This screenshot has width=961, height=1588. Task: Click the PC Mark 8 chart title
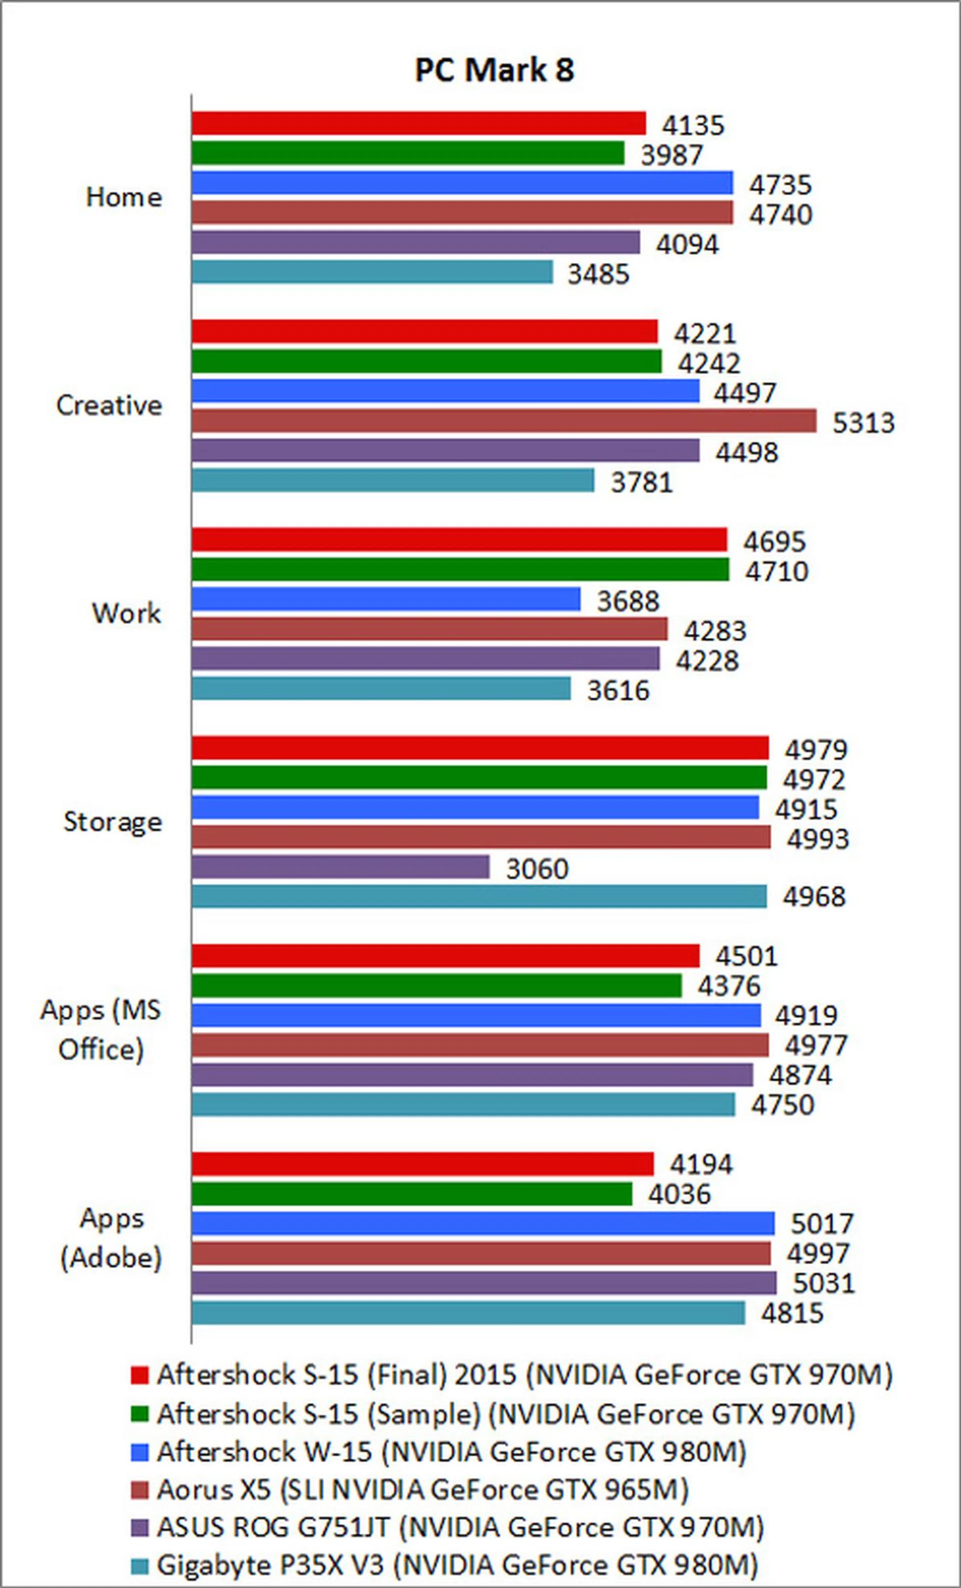(x=494, y=70)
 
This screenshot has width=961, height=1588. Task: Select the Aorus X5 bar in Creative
(x=504, y=421)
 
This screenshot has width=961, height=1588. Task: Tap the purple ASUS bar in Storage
(x=340, y=867)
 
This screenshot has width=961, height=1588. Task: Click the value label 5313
(x=863, y=423)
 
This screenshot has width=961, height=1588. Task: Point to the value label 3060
(x=537, y=869)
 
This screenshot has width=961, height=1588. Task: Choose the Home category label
(x=124, y=197)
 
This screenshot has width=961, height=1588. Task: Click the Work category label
(x=126, y=613)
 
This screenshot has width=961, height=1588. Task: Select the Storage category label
(x=113, y=822)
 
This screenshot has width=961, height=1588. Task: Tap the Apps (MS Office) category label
(x=101, y=1029)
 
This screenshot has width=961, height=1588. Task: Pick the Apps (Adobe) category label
(x=111, y=1237)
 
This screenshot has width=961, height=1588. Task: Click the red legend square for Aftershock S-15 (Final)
(x=139, y=1375)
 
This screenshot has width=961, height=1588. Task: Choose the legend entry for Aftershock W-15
(x=451, y=1451)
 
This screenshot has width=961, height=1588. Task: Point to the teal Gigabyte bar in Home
(x=372, y=272)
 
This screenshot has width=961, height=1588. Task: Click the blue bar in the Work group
(x=386, y=599)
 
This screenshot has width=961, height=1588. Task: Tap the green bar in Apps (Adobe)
(x=411, y=1193)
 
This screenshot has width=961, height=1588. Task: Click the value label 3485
(x=598, y=274)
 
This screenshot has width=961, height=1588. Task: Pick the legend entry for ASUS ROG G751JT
(x=460, y=1527)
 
